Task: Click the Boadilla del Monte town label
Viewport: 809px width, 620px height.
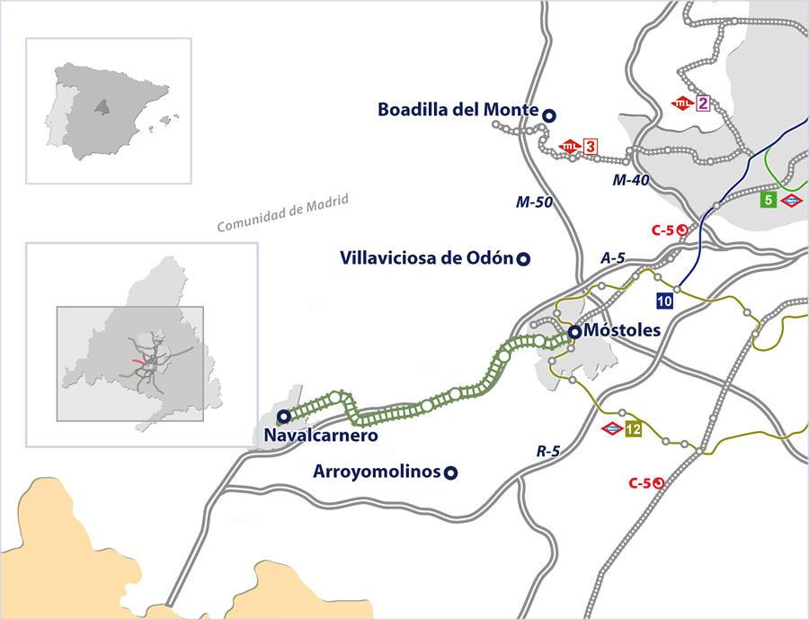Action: [458, 110]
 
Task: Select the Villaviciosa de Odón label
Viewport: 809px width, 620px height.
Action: [426, 258]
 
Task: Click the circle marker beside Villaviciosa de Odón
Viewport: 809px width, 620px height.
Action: [523, 259]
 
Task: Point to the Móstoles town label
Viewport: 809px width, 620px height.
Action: [622, 330]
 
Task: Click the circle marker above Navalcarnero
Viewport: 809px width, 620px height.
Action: [283, 416]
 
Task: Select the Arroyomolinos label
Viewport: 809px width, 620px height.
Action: [377, 472]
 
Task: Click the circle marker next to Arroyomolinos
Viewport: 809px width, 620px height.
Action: [452, 472]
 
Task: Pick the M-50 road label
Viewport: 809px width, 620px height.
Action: [534, 202]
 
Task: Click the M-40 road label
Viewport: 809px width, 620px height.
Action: [631, 180]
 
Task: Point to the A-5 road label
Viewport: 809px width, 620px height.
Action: [612, 258]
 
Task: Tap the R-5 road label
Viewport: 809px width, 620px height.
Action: [548, 451]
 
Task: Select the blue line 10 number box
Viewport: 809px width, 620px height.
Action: [665, 300]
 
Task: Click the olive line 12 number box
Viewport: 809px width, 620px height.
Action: [634, 429]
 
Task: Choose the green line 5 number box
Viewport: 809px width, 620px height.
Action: [768, 200]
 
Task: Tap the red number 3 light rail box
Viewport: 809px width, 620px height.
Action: [591, 146]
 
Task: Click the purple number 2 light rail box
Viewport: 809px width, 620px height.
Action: [703, 103]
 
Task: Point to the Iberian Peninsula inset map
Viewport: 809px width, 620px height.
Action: [109, 110]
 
